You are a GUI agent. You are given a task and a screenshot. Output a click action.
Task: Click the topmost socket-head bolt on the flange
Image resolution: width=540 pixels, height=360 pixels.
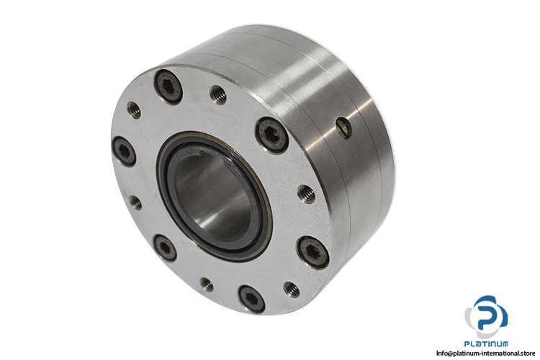click(x=168, y=87)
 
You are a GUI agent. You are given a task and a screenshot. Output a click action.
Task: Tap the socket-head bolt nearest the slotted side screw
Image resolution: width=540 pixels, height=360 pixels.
click(x=272, y=135)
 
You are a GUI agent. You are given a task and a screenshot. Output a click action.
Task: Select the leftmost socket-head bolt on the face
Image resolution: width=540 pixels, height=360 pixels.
click(x=124, y=151)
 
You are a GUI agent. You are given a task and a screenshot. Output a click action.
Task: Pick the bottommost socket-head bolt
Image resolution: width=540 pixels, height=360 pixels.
click(x=252, y=299)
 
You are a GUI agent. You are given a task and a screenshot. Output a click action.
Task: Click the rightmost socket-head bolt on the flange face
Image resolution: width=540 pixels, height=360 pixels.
click(x=312, y=252)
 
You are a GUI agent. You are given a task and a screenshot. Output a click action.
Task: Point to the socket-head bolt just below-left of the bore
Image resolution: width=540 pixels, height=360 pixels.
click(x=165, y=248)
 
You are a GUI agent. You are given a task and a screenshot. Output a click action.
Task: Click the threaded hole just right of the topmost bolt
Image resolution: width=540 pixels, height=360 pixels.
click(x=218, y=95)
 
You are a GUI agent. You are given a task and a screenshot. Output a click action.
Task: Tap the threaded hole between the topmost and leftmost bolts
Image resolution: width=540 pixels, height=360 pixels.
click(x=134, y=110)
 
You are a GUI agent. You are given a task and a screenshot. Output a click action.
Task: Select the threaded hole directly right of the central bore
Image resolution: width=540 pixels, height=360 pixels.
click(x=306, y=194)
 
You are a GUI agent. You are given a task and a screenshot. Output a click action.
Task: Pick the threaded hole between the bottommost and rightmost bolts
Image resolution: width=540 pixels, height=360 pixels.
click(x=292, y=289)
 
